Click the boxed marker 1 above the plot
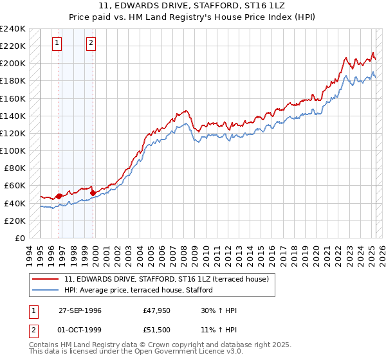57,43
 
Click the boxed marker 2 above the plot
91,43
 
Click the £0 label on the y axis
19,238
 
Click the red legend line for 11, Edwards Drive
46,278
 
